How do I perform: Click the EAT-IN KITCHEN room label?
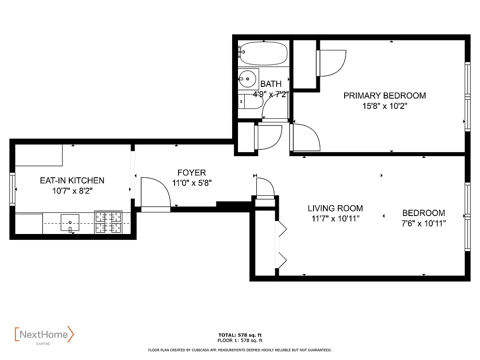coord(72,180)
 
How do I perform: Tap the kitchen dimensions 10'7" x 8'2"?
coord(72,190)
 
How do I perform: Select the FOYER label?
coord(192,173)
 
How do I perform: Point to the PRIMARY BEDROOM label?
coord(384,95)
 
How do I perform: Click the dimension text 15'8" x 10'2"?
coord(384,106)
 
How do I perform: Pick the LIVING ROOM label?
coord(335,208)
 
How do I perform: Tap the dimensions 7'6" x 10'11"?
coord(423,223)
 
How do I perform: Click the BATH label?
coord(271,84)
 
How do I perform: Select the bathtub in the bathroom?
coord(263,53)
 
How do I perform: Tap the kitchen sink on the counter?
coord(70,223)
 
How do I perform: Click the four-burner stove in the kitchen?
coord(108,222)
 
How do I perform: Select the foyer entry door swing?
coord(155,193)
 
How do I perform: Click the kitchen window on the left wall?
coord(13,189)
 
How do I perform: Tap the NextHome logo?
coord(44,335)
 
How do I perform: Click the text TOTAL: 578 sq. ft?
coord(240,335)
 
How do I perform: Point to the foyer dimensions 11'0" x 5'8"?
coord(192,183)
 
